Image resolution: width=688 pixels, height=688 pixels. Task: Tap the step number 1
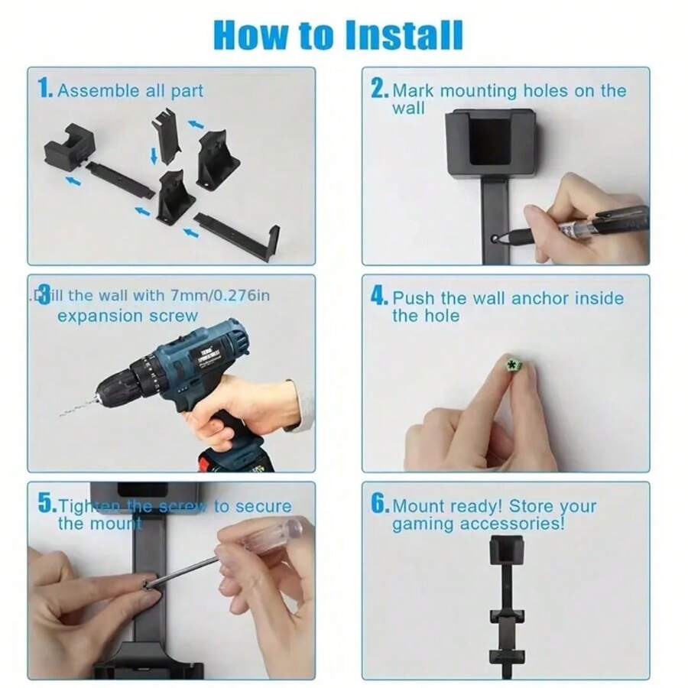(x=44, y=89)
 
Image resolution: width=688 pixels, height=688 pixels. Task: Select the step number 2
(x=378, y=89)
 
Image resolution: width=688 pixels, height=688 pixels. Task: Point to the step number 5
(x=46, y=505)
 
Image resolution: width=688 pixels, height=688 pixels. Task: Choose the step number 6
(x=379, y=505)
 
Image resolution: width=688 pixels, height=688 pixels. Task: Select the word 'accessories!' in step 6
(x=522, y=524)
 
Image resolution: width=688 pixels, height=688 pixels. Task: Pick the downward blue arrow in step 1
(x=154, y=156)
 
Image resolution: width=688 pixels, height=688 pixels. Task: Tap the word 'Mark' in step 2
(x=414, y=90)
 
